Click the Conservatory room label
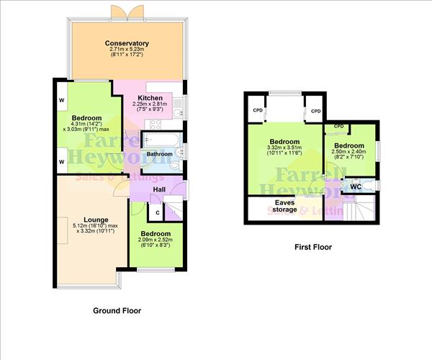click(126, 43)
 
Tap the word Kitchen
click(150, 98)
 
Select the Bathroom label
click(160, 153)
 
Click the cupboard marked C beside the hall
click(156, 212)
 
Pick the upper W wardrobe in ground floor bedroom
click(61, 100)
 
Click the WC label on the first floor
click(355, 186)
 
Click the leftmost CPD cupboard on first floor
click(257, 111)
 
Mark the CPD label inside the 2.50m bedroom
click(337, 127)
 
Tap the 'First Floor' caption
click(313, 247)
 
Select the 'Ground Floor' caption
click(117, 311)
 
